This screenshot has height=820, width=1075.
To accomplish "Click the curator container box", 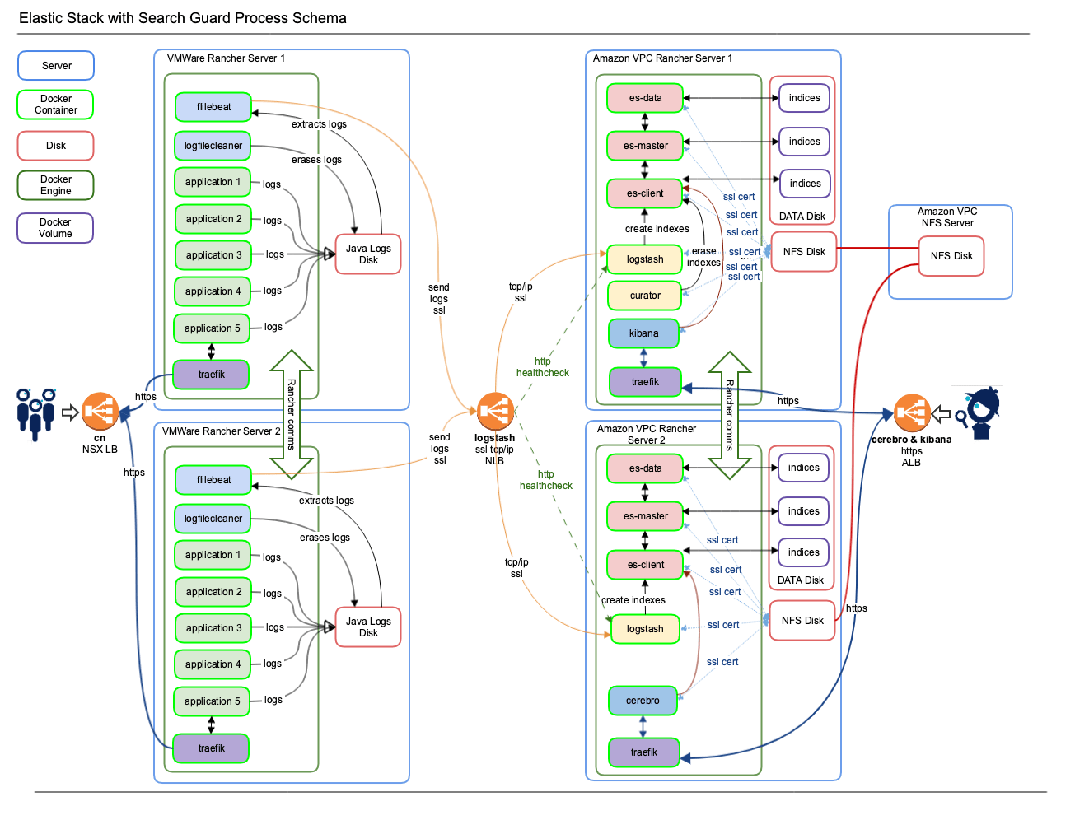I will coord(645,296).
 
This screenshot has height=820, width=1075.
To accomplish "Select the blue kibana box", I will coord(644,333).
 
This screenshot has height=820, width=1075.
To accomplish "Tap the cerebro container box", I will coord(643,701).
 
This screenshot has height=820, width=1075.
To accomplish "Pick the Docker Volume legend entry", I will coord(55,228).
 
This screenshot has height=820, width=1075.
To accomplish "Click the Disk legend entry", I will coord(55,146).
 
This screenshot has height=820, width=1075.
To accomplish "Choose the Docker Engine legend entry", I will coord(55,185).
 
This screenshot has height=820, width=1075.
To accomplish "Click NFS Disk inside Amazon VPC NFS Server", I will coord(951,256).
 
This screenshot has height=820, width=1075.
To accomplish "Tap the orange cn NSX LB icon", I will coord(100,412).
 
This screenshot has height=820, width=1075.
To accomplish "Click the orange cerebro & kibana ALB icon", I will coord(912,413).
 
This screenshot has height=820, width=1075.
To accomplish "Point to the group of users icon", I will coord(36,413).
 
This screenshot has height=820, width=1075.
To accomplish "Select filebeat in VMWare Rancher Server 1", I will coord(213,107).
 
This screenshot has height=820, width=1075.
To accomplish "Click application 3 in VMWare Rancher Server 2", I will coord(213,628).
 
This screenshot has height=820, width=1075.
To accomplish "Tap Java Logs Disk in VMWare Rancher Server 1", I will coord(368,254).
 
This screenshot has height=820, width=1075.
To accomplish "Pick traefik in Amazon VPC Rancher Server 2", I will coord(644,752).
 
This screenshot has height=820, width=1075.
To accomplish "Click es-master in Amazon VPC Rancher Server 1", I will coord(645,146).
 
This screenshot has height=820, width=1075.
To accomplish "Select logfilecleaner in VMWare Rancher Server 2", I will coord(213,519).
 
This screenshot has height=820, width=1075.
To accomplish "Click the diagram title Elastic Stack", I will coord(183,18).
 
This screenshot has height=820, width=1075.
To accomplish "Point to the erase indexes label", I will coord(703,257).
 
